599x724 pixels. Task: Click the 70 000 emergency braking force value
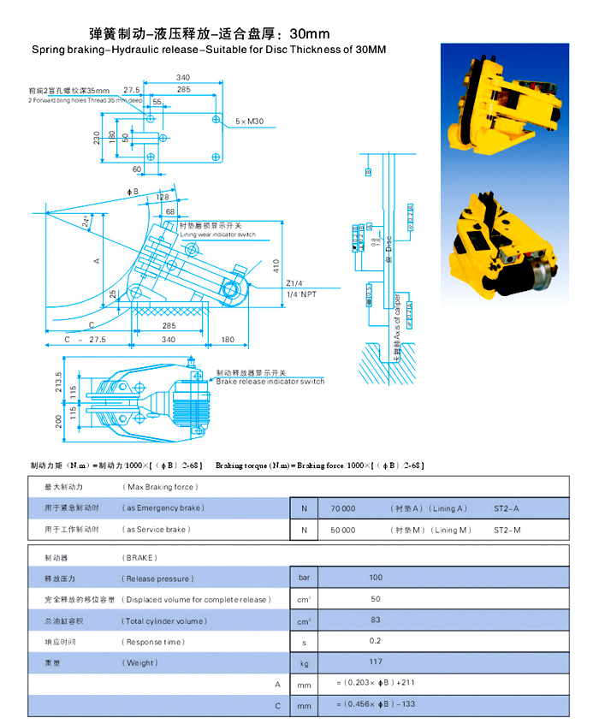pyautogui.click(x=342, y=508)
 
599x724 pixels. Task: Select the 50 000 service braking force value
pyautogui.click(x=342, y=530)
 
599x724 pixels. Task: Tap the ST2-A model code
pyautogui.click(x=507, y=508)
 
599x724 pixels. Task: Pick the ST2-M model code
pyautogui.click(x=507, y=530)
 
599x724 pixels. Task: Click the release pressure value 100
pyautogui.click(x=376, y=578)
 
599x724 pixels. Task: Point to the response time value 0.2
pyautogui.click(x=376, y=641)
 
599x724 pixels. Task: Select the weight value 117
pyautogui.click(x=376, y=662)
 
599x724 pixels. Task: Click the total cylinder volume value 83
pyautogui.click(x=376, y=620)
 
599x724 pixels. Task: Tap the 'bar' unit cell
pyautogui.click(x=304, y=578)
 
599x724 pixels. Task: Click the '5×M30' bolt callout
pyautogui.click(x=250, y=122)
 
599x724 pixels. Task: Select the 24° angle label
pyautogui.click(x=86, y=222)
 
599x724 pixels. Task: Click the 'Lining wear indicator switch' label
pyautogui.click(x=217, y=234)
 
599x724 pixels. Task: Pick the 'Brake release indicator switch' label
pyautogui.click(x=270, y=382)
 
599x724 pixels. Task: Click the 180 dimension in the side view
pyautogui.click(x=227, y=340)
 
